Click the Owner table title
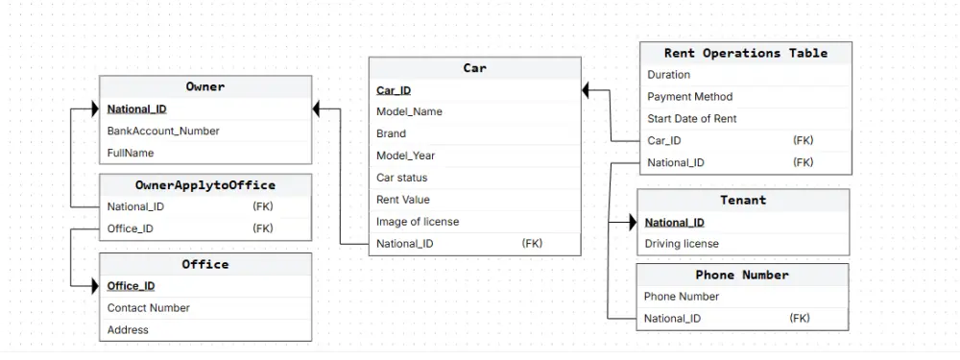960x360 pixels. click(x=205, y=86)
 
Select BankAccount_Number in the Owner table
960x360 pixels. click(x=163, y=131)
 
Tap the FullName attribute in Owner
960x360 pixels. click(x=131, y=153)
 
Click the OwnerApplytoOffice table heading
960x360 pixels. click(x=205, y=184)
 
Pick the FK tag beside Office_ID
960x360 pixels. click(x=262, y=228)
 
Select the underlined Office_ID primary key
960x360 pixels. click(x=131, y=286)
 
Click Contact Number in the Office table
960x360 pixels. click(x=148, y=308)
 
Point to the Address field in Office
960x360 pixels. click(x=128, y=330)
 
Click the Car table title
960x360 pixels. click(x=474, y=68)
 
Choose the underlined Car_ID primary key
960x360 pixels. click(x=394, y=90)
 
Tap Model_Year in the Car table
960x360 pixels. click(x=405, y=156)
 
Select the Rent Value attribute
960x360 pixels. click(x=403, y=200)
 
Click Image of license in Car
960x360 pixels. click(x=418, y=222)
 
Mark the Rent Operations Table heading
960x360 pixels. click(x=745, y=53)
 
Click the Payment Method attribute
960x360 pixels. click(x=689, y=97)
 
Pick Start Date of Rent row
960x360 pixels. click(x=691, y=119)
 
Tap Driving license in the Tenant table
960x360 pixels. click(x=682, y=244)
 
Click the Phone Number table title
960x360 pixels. click(x=742, y=275)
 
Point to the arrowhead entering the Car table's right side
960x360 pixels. click(x=588, y=90)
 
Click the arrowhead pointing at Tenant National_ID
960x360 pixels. click(x=631, y=223)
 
